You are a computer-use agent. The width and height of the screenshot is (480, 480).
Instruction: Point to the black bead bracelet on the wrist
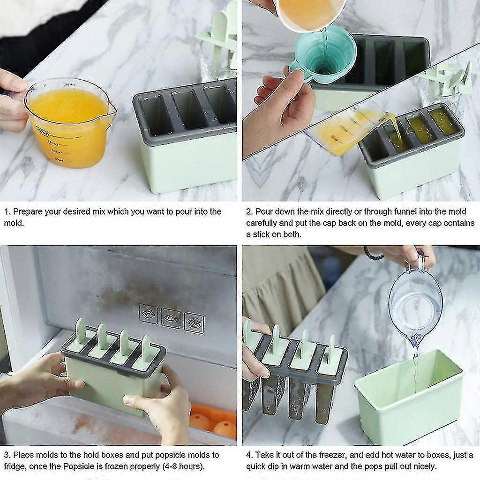[374, 254]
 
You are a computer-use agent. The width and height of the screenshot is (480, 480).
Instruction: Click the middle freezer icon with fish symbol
[171, 317]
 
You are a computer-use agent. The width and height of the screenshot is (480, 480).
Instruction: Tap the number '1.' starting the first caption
[7, 211]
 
